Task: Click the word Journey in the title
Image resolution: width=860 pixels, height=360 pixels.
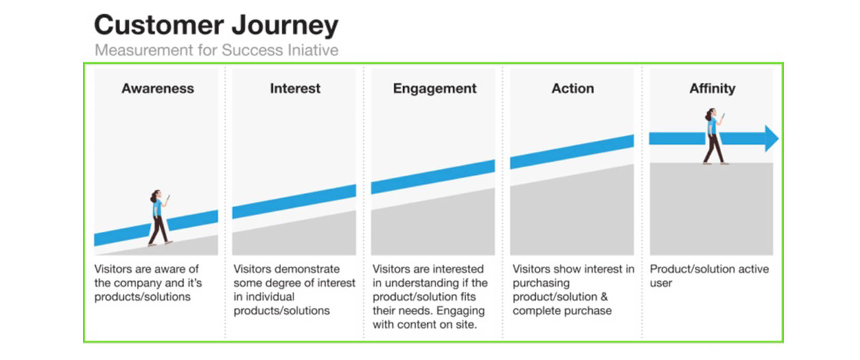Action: (x=285, y=25)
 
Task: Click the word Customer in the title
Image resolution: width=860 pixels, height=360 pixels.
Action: (x=159, y=24)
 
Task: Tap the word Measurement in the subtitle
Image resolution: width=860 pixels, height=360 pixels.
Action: (x=145, y=50)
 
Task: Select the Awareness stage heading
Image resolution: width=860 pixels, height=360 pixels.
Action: (x=158, y=88)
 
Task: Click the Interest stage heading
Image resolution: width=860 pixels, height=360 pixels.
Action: (x=295, y=88)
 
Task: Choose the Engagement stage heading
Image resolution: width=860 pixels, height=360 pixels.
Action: (x=435, y=89)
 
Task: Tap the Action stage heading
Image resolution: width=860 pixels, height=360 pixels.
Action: (x=573, y=88)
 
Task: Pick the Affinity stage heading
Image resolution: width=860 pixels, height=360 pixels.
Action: (x=712, y=89)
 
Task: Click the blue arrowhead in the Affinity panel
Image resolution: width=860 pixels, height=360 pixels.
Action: (x=771, y=138)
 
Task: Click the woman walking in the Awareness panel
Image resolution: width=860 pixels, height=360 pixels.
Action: (x=160, y=218)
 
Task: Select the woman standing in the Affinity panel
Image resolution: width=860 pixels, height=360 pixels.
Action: (x=714, y=136)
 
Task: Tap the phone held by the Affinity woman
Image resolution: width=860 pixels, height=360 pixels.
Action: (x=723, y=115)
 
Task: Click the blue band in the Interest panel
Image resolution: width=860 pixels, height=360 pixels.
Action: (x=294, y=201)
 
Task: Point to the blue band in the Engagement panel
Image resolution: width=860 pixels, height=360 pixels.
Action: (x=433, y=177)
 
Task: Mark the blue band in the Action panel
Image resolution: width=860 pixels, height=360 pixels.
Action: (x=571, y=152)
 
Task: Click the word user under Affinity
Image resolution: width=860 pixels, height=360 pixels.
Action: (x=661, y=283)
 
